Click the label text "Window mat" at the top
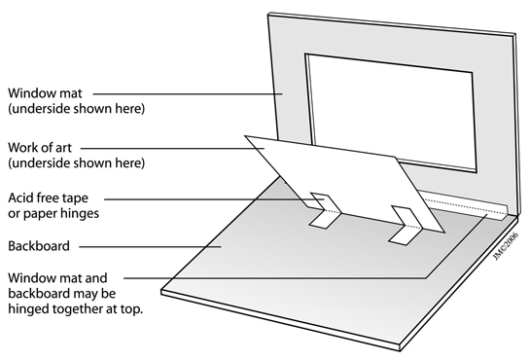(45, 93)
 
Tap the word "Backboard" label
(39, 246)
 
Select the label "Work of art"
(40, 148)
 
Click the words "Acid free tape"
(48, 198)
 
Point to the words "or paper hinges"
(53, 214)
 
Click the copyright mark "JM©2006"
(506, 246)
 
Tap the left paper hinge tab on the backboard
(325, 210)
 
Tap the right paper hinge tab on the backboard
(405, 225)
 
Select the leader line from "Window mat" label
(188, 94)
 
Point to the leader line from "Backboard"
(150, 247)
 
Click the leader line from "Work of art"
(172, 148)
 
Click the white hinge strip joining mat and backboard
(465, 205)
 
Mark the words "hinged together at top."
(76, 309)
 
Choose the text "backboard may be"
(62, 294)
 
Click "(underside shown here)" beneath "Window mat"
(77, 109)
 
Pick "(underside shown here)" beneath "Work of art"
(77, 163)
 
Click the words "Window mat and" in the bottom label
(57, 278)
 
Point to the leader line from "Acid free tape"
(214, 199)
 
